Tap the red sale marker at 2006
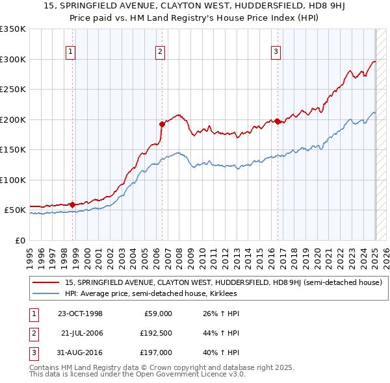[x=162, y=123]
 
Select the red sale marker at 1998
[x=72, y=204]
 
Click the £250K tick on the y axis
[x=13, y=89]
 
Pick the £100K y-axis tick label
[x=13, y=180]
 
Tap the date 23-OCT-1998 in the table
[x=80, y=314]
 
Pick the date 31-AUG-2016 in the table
[x=80, y=352]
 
